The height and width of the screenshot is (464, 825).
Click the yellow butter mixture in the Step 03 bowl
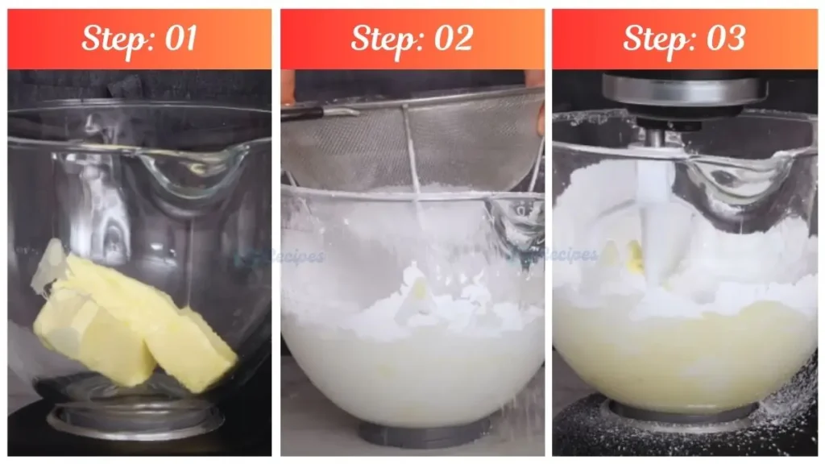pyautogui.click(x=685, y=354)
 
